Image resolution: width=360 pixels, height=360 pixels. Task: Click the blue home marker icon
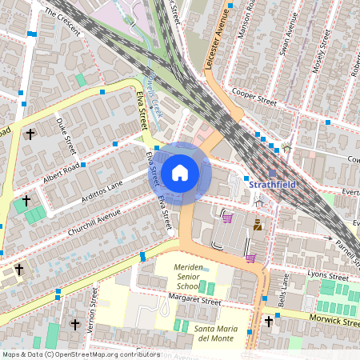(x=180, y=173)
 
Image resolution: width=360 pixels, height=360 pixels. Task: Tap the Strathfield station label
(x=274, y=186)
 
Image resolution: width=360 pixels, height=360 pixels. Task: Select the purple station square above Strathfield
(x=273, y=172)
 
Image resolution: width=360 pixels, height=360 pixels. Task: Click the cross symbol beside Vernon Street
(x=75, y=324)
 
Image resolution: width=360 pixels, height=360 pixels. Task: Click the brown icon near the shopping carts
(x=258, y=226)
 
